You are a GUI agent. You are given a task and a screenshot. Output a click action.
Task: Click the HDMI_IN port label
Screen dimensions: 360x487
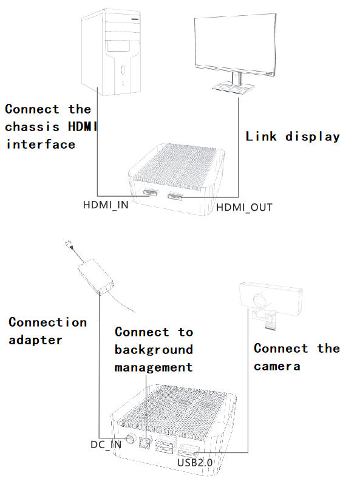point(106,205)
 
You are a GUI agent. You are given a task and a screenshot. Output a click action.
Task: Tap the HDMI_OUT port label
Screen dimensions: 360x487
point(244,208)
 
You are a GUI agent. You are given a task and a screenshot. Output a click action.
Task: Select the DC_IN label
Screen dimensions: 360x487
point(106,444)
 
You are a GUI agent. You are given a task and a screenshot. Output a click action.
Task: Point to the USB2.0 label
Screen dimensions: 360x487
point(195,463)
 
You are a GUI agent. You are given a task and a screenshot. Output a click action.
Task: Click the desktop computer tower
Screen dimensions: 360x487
point(111,52)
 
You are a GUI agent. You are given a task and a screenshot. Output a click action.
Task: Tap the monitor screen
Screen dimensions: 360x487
point(235,44)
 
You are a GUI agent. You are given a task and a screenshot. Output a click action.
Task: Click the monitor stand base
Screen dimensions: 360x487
point(233,87)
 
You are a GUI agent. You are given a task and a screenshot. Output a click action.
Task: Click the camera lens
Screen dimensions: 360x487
point(260,301)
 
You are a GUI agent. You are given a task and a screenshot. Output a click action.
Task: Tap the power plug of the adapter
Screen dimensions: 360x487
point(69,245)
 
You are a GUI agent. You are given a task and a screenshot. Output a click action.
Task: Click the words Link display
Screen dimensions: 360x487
point(293,137)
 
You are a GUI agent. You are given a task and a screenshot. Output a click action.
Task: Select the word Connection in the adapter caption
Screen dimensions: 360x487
point(47,322)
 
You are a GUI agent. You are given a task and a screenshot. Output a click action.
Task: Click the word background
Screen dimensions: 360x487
point(154,350)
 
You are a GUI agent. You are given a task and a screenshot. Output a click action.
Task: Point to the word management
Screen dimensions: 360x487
point(154,367)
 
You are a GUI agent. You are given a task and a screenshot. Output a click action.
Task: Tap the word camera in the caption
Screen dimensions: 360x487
point(277,367)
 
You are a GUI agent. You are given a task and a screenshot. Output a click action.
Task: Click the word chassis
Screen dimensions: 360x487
point(32,127)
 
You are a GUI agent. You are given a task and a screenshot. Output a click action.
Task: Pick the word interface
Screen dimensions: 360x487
point(41,145)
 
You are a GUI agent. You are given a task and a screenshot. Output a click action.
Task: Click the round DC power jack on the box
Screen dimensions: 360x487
point(131,438)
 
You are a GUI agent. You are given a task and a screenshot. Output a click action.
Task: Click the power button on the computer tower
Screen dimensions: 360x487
point(123,70)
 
